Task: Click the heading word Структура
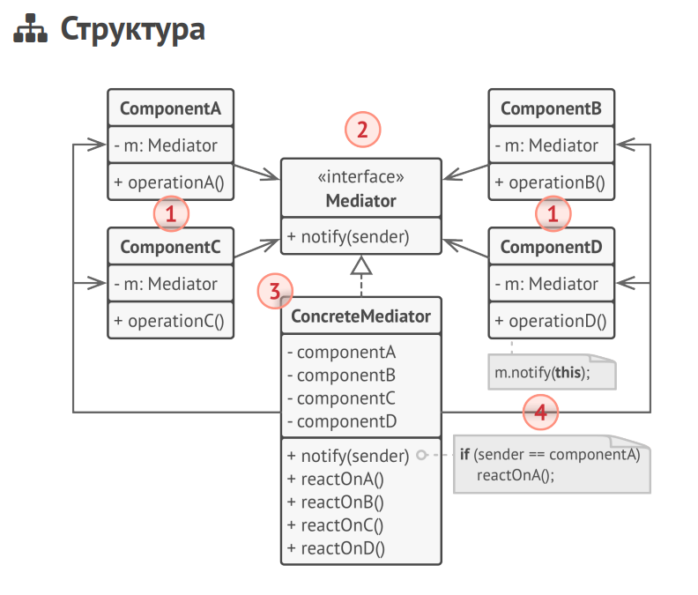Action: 132,29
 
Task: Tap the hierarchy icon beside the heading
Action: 31,30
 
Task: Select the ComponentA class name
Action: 170,109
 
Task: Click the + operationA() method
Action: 170,183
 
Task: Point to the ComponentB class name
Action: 551,109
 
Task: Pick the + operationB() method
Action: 551,183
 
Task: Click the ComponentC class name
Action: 170,248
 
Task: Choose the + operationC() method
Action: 170,321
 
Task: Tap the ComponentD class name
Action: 551,248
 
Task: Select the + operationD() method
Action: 551,321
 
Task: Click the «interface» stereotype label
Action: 361,178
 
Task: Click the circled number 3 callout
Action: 275,291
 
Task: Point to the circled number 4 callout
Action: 540,411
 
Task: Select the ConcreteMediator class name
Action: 361,316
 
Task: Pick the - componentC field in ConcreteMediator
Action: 342,398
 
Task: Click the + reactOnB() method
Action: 336,502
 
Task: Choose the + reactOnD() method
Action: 336,548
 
